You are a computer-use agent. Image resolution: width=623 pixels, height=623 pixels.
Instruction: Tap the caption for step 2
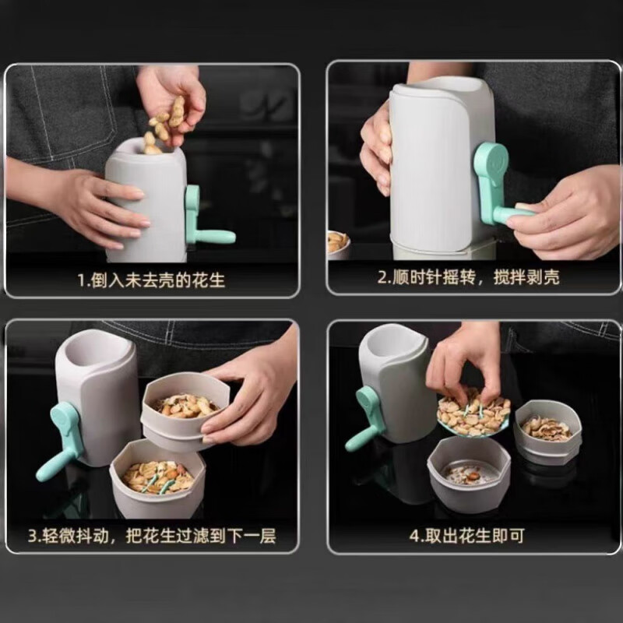(x=469, y=277)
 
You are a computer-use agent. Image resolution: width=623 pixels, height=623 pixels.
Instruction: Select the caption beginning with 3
(x=153, y=537)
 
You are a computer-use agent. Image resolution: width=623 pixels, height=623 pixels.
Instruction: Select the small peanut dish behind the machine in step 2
(x=337, y=243)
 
